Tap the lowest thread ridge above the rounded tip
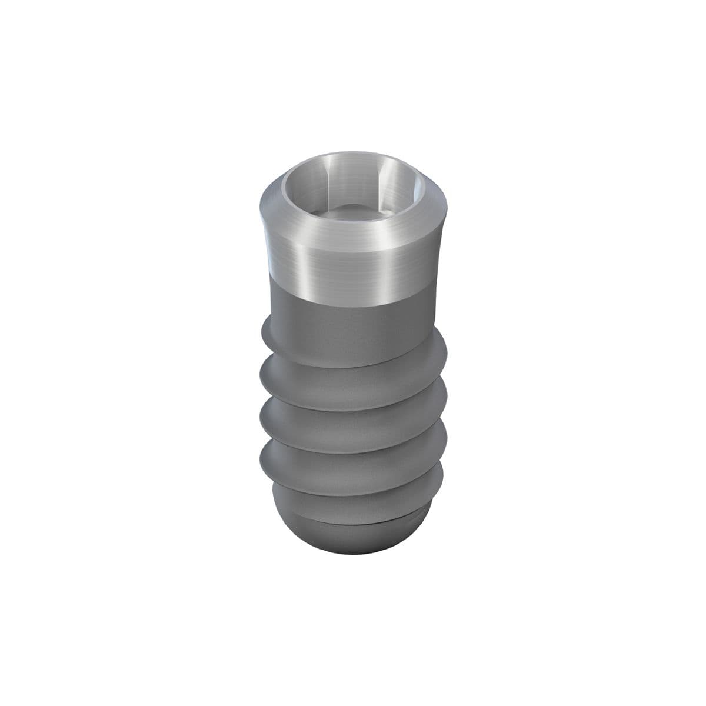[x=353, y=488]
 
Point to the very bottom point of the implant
[x=353, y=557]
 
